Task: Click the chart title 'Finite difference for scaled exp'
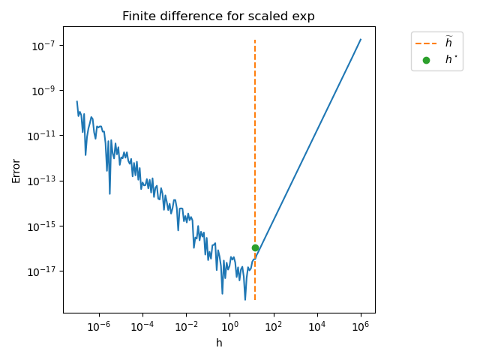pyautogui.click(x=219, y=16)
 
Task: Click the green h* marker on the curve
pyautogui.click(x=255, y=247)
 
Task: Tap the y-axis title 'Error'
pyautogui.click(x=16, y=169)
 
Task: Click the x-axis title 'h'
pyautogui.click(x=219, y=343)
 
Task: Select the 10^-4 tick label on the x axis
pyautogui.click(x=142, y=327)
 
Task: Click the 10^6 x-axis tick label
pyautogui.click(x=361, y=327)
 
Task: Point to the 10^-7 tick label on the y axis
pyautogui.click(x=44, y=46)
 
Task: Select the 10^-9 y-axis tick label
pyautogui.click(x=44, y=91)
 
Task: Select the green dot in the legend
pyautogui.click(x=426, y=60)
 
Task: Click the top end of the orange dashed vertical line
pyautogui.click(x=255, y=40)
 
